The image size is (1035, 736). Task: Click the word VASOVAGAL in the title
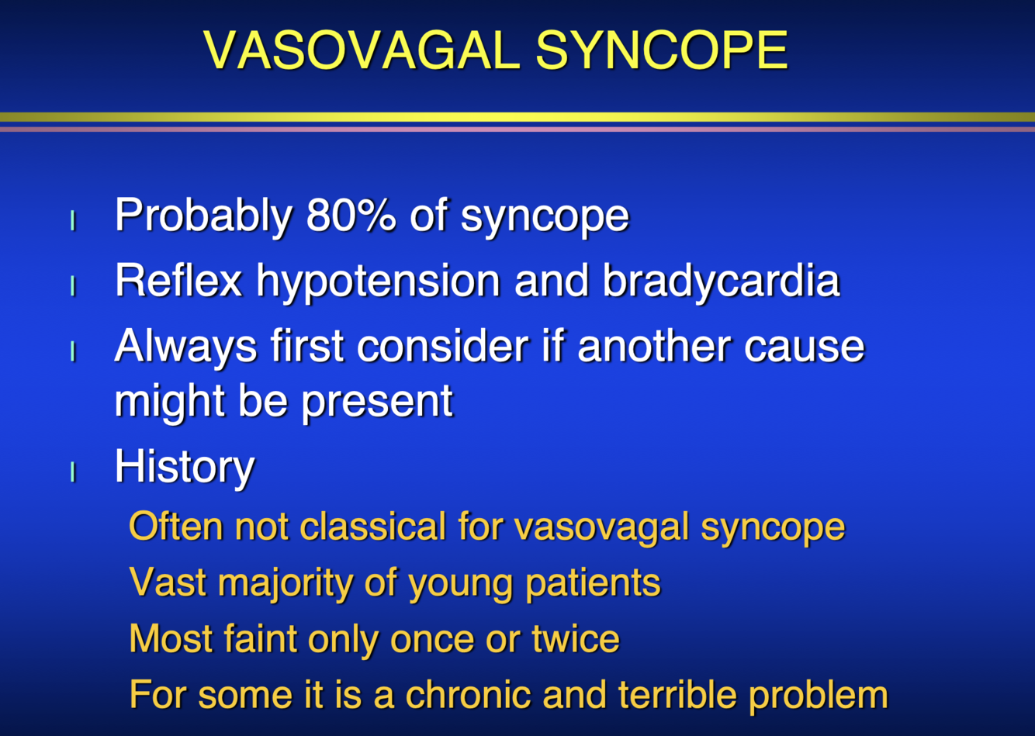(x=362, y=50)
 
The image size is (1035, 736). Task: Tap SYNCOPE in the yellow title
(x=662, y=50)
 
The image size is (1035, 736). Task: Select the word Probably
(x=203, y=217)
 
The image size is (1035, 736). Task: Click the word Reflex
(x=178, y=280)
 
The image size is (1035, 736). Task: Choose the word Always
(x=185, y=348)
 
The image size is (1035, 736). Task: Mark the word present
(x=377, y=403)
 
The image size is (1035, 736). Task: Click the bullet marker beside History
(x=72, y=472)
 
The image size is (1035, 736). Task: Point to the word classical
(x=372, y=526)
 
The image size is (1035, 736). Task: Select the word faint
(x=261, y=638)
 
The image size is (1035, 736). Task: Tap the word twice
(x=576, y=638)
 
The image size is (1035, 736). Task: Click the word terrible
(x=677, y=694)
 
